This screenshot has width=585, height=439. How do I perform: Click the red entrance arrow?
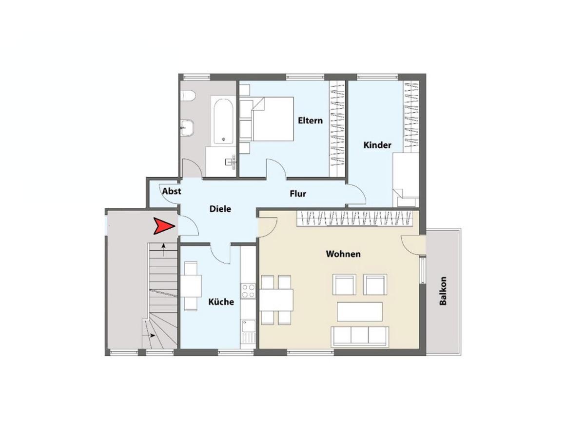tap(163, 226)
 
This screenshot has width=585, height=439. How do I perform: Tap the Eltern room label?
tap(310, 120)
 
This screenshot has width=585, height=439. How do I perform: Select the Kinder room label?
tap(377, 145)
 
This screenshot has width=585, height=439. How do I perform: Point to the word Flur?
tap(298, 194)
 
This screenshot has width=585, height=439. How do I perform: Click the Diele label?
tap(220, 209)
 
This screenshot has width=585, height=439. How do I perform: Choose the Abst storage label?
tap(172, 191)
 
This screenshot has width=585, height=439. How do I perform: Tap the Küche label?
tap(221, 302)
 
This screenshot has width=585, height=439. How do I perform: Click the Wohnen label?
tap(343, 254)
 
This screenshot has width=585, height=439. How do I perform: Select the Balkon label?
tap(443, 291)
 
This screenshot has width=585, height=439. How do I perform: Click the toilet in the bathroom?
tap(188, 96)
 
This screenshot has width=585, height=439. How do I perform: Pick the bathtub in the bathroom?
tap(223, 121)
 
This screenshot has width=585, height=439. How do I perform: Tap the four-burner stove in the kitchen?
tap(248, 291)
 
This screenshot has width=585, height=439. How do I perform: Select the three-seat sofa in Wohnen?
tap(359, 337)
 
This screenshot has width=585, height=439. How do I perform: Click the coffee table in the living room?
tap(359, 312)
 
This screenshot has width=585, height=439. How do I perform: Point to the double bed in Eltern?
tap(267, 119)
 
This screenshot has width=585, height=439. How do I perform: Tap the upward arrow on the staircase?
tap(163, 250)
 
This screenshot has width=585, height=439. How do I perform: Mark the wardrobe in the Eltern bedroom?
tap(337, 128)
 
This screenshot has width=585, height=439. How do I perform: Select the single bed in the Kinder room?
tap(406, 180)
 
